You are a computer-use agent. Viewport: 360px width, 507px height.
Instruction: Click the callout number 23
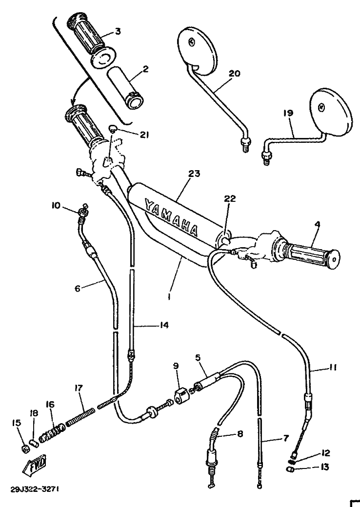[x=195, y=174]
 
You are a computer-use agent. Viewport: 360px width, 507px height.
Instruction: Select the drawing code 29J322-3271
[x=34, y=489]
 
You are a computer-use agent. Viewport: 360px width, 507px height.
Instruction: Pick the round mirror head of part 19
[x=330, y=110]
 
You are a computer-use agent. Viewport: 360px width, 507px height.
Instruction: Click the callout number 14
[x=164, y=325]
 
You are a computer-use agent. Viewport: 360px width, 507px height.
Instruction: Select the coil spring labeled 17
[x=81, y=416]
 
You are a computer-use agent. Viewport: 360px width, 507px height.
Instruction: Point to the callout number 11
[x=333, y=367]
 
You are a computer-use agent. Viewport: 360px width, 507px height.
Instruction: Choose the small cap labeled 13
[x=290, y=469]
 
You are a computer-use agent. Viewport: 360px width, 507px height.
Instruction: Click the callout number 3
[x=118, y=31]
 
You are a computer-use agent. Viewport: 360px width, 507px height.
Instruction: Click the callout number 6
[x=77, y=288]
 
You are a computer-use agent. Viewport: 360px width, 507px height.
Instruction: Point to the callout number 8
[x=240, y=433]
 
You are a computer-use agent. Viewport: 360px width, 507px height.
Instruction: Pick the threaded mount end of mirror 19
[x=266, y=159]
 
